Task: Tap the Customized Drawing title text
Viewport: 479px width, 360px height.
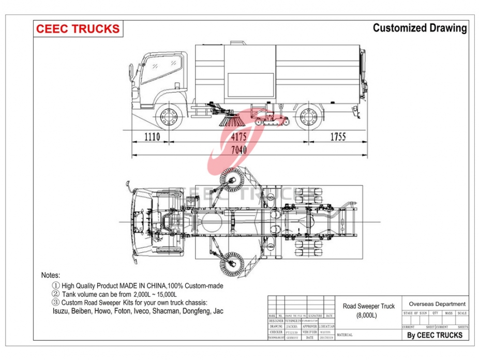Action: [420, 28]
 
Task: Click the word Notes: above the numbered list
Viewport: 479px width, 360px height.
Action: [51, 275]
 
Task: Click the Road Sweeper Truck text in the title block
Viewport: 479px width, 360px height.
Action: [368, 306]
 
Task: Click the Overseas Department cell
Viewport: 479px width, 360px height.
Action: [437, 304]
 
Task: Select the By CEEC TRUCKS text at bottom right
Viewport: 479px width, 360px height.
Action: [435, 335]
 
